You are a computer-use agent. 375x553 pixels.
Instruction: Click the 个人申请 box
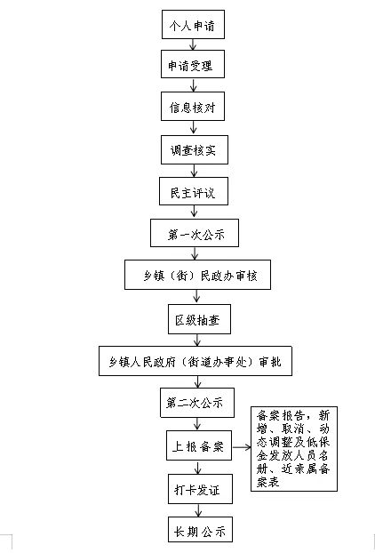193,24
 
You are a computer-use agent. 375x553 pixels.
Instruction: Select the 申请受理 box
193,64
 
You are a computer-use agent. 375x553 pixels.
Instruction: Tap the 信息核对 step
193,106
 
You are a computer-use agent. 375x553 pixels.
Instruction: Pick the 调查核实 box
195,149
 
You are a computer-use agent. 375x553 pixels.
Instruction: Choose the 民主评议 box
194,191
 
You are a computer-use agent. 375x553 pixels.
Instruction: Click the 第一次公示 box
195,233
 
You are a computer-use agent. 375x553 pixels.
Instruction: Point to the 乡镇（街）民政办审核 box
198,275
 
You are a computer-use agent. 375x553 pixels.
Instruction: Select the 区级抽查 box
199,319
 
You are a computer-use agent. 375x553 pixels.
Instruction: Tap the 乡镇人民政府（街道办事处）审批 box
195,361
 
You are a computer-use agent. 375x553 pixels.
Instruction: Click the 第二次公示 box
197,403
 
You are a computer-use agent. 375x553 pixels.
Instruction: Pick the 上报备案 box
199,445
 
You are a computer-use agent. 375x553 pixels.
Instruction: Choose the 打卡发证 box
200,489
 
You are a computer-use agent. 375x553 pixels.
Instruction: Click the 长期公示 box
200,529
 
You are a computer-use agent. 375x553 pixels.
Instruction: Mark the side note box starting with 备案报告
294,449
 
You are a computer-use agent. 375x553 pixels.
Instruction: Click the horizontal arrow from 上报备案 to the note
242,447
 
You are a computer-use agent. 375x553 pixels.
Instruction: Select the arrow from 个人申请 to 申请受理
193,44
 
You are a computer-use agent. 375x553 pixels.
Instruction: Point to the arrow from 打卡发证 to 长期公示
198,510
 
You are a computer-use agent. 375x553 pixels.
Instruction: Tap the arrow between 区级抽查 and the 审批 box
197,340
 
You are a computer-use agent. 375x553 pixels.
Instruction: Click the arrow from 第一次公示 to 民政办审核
195,253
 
